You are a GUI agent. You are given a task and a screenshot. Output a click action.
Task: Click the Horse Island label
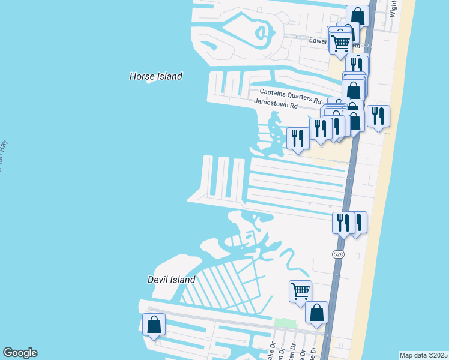tap(155, 76)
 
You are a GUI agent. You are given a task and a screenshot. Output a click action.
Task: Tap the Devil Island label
tap(171, 280)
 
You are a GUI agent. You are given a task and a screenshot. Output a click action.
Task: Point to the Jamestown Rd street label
tap(276, 103)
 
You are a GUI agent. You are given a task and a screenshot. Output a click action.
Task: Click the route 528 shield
tap(338, 254)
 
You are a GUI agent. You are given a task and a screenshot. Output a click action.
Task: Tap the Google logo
tap(20, 353)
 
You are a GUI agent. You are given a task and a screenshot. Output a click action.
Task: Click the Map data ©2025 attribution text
tap(423, 355)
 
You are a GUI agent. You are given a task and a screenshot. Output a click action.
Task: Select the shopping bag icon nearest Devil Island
tap(154, 325)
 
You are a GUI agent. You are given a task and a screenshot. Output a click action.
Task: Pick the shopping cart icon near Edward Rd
tap(340, 43)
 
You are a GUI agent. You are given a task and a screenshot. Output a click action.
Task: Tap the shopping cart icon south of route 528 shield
tap(300, 292)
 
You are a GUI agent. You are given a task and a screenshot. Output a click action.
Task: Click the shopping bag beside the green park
tap(316, 313)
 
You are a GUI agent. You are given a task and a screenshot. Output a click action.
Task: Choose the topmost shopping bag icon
tap(358, 15)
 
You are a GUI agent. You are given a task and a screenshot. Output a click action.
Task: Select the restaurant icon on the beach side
tap(378, 116)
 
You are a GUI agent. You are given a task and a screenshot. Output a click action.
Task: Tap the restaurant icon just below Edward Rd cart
tap(358, 64)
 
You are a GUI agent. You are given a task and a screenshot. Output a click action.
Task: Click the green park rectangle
tap(285, 323)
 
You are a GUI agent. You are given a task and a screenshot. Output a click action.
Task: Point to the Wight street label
tap(394, 8)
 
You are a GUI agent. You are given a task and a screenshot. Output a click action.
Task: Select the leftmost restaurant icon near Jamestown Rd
tap(298, 138)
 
